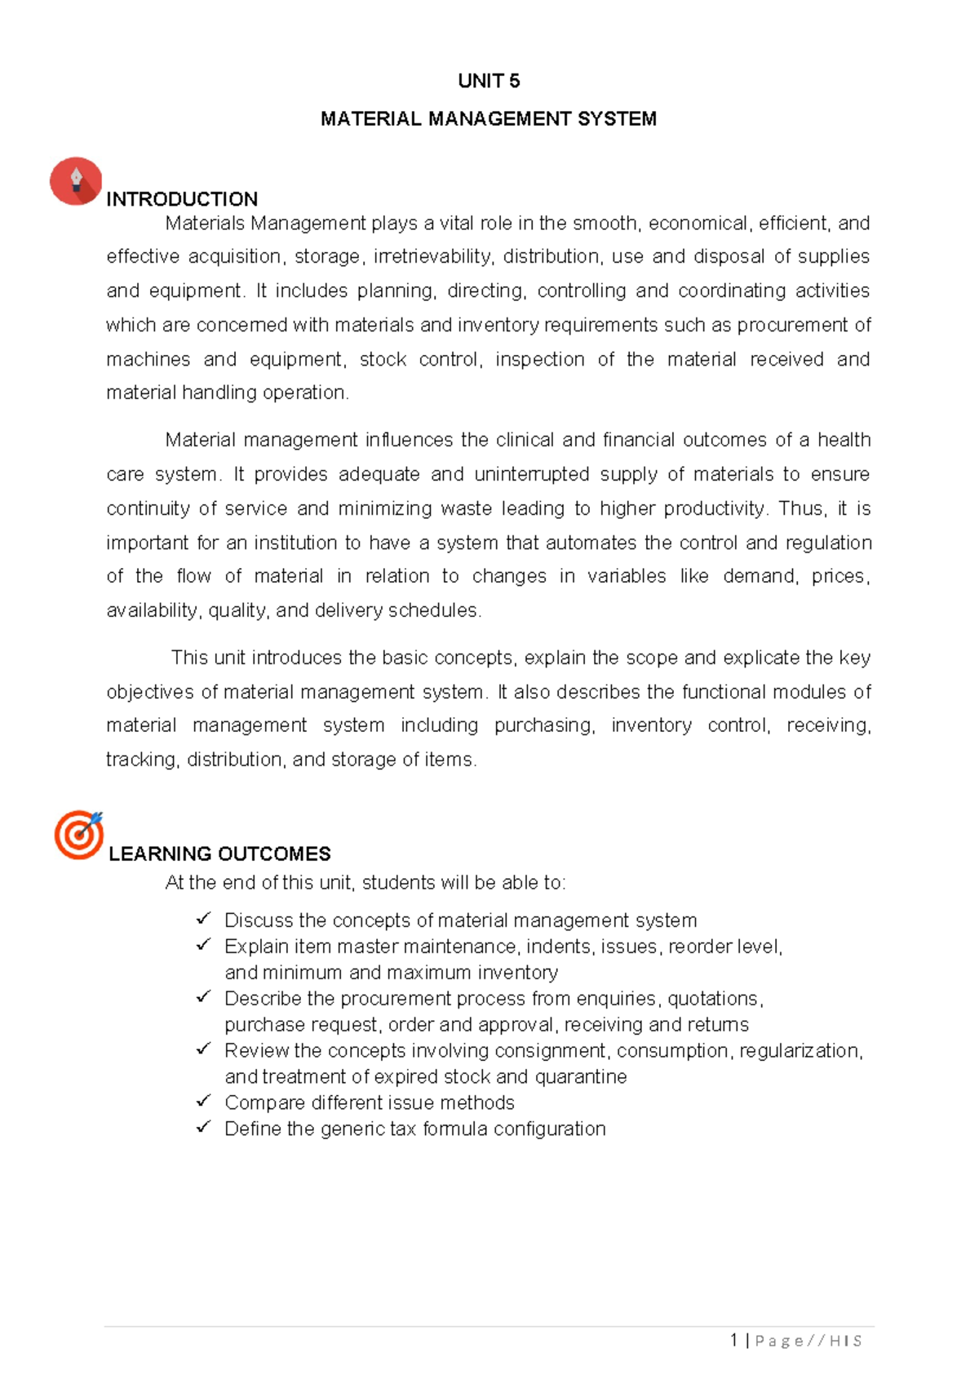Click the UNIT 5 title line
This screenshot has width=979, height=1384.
[489, 81]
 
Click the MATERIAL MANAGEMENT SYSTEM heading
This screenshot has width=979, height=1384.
[488, 119]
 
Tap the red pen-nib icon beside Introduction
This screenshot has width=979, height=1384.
[76, 180]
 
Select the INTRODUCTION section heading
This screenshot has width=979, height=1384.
[182, 199]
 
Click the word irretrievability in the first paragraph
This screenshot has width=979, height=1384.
[433, 257]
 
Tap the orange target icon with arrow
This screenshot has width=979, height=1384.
[78, 834]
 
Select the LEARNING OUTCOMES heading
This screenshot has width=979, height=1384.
[219, 854]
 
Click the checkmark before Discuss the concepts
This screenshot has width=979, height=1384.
[203, 920]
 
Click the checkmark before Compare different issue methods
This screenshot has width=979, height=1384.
[203, 1102]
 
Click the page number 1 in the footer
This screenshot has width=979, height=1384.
[734, 1340]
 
